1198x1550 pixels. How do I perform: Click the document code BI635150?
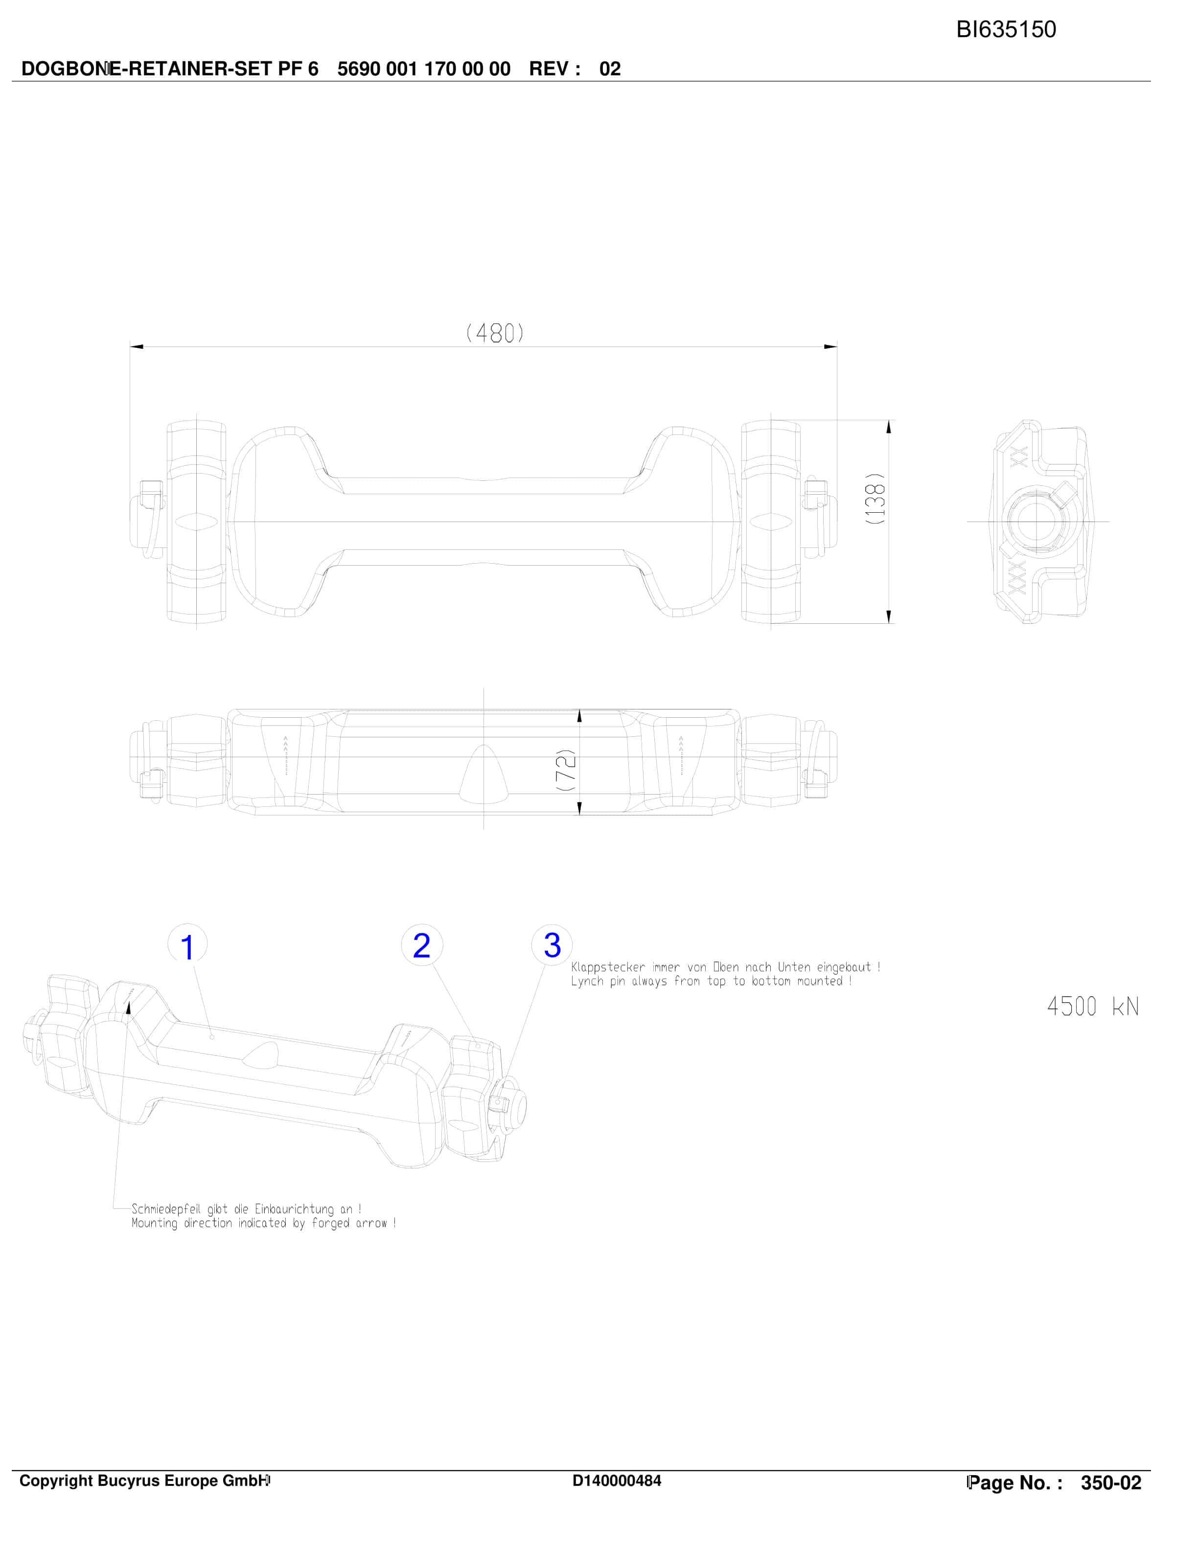(x=1006, y=29)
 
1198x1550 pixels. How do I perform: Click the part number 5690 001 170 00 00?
(x=424, y=69)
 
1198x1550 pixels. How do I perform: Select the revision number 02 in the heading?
(x=610, y=69)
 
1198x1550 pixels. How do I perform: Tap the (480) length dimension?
(x=495, y=332)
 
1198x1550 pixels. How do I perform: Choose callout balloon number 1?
(x=187, y=946)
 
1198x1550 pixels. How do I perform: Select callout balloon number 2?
(x=421, y=945)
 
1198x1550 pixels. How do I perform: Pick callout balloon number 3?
(x=552, y=945)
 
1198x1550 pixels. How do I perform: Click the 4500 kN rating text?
(x=1093, y=1006)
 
